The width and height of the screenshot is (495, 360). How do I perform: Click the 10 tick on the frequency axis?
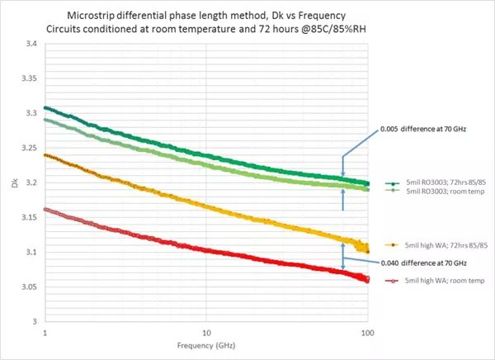pos(206,332)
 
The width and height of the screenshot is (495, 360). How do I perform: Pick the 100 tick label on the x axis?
pos(368,332)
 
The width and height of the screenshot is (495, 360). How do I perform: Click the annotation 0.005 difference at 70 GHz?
pos(426,129)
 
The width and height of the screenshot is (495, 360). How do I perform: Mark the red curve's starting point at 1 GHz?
pos(45,210)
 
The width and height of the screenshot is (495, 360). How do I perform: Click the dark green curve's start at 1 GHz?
pos(45,107)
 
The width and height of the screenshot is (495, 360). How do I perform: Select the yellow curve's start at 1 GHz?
pos(45,154)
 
